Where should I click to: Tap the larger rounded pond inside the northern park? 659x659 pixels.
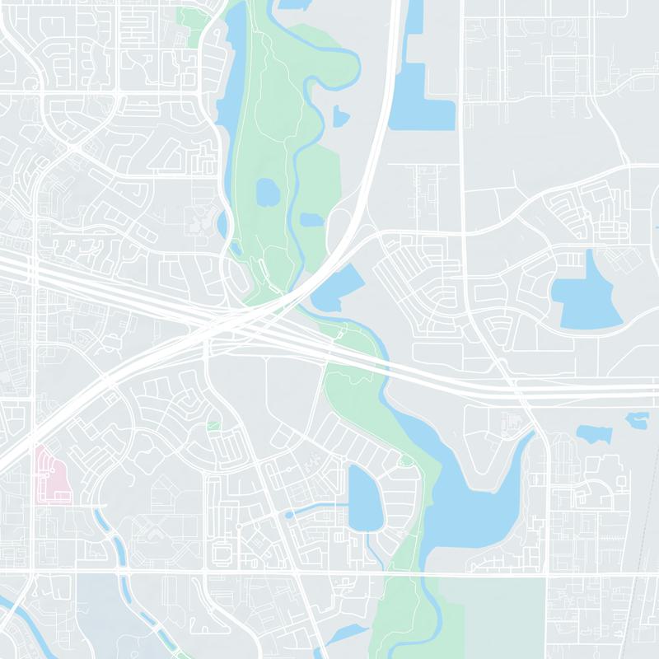click(x=268, y=194)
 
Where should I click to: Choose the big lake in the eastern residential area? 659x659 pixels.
click(x=587, y=292)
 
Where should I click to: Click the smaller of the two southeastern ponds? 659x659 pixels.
click(x=637, y=420)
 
